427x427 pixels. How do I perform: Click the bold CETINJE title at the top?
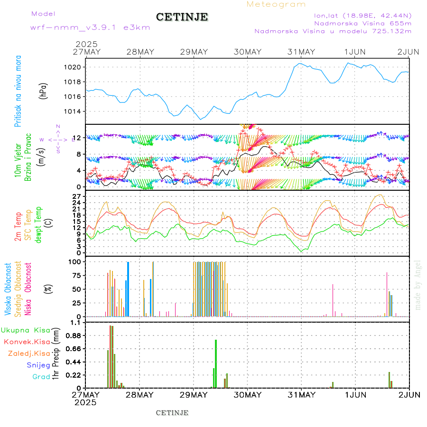tap(182, 17)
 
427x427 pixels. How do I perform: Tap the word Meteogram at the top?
tap(276, 4)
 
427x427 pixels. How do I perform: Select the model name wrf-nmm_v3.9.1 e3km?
tap(90, 28)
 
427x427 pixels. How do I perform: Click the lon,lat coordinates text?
tap(363, 15)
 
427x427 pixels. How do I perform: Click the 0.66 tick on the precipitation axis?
tap(73, 349)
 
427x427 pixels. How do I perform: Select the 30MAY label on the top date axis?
tap(247, 52)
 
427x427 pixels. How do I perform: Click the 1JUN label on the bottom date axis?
tap(355, 395)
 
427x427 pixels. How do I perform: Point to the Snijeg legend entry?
tap(38, 365)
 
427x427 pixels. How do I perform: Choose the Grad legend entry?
tap(41, 377)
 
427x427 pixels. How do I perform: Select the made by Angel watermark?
tap(418, 285)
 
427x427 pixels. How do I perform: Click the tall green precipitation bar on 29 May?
tap(216, 363)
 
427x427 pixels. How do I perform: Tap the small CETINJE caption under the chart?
tap(172, 413)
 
